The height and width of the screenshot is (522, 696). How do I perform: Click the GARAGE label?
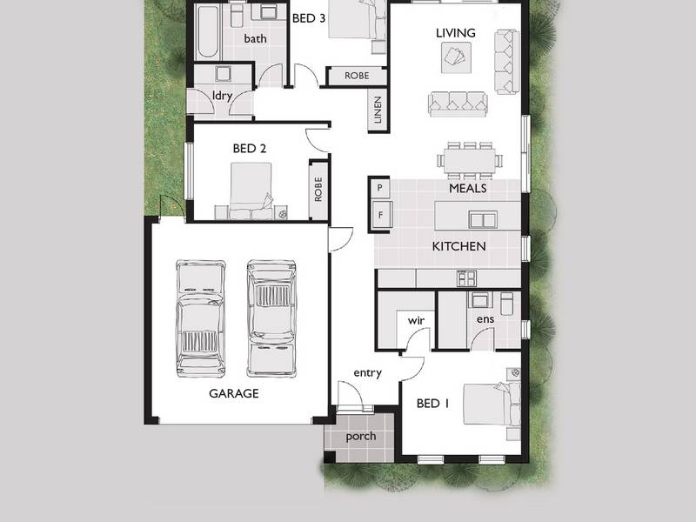[x=234, y=393]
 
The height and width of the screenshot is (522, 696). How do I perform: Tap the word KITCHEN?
[x=459, y=246]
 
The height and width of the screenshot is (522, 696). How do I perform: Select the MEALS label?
[x=468, y=188]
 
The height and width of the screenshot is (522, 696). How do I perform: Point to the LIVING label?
[x=455, y=33]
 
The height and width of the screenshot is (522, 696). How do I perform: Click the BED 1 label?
[x=432, y=404]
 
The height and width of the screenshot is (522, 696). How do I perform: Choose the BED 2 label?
[x=250, y=148]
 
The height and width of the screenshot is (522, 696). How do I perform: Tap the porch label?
[x=361, y=437]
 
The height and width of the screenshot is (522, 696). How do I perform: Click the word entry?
[x=367, y=373]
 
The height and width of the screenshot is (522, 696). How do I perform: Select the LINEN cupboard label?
[x=378, y=110]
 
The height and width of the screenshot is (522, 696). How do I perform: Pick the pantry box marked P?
[x=379, y=188]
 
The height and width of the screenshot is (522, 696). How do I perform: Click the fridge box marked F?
[x=381, y=215]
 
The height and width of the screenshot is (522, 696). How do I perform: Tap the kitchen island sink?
[x=483, y=220]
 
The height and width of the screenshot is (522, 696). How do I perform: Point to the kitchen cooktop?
[x=467, y=278]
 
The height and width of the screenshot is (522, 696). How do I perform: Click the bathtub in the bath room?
[x=208, y=32]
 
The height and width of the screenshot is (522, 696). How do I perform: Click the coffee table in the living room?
[x=456, y=57]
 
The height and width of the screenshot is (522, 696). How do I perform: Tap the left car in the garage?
[x=200, y=318]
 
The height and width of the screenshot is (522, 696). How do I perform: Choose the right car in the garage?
[x=271, y=318]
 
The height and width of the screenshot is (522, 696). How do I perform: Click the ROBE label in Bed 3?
[x=357, y=76]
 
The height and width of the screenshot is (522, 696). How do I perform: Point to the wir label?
[x=416, y=320]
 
